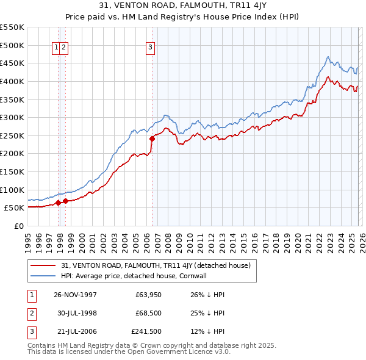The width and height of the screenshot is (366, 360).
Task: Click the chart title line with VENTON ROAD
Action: (x=182, y=5)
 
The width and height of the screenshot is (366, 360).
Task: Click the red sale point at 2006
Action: (x=152, y=139)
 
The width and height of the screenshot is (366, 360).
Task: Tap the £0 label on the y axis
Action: (x=20, y=226)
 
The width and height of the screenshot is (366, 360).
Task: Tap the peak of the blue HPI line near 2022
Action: (x=328, y=57)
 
